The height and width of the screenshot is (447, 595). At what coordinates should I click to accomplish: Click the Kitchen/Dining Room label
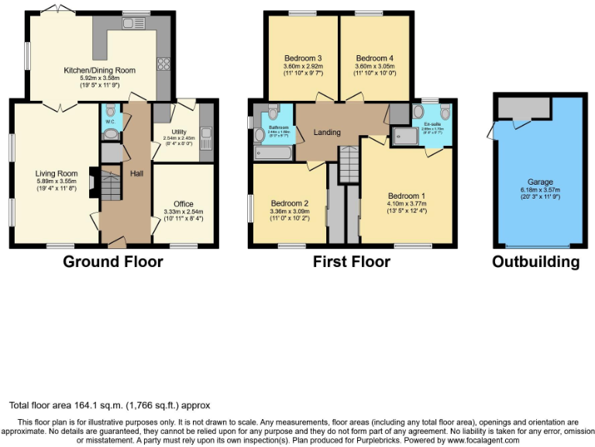point(99,71)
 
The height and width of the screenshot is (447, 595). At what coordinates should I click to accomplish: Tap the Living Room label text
point(57,173)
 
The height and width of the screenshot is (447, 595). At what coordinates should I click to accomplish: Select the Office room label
point(184,205)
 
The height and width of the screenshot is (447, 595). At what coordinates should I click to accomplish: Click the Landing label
point(326,132)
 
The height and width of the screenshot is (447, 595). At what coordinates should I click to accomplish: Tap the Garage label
point(542,182)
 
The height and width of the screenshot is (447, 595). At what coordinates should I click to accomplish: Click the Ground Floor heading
point(112,262)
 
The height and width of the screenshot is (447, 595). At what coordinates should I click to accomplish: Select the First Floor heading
point(351,262)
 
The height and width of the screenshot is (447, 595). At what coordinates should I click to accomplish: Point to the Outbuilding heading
point(535,262)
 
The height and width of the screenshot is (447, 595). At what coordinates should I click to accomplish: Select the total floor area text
point(109,405)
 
